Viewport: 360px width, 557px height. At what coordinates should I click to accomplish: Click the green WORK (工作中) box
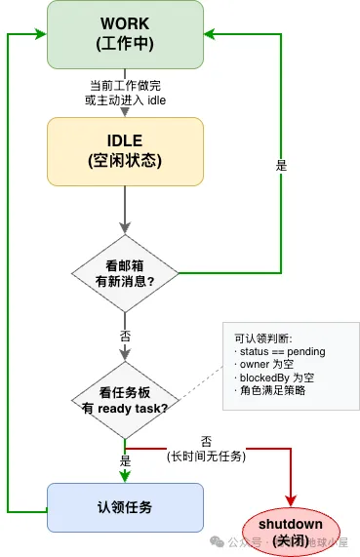click(x=125, y=34)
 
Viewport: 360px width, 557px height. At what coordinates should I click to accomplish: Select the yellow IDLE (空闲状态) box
click(x=125, y=150)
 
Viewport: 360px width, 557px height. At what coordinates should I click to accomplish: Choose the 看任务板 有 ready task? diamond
click(x=125, y=399)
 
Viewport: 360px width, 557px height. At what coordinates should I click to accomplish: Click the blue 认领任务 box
click(x=125, y=508)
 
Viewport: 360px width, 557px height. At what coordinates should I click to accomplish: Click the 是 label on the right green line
click(x=282, y=166)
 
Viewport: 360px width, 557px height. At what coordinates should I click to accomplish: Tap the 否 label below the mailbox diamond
click(x=125, y=332)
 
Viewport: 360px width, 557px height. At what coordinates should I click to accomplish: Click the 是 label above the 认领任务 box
click(x=125, y=459)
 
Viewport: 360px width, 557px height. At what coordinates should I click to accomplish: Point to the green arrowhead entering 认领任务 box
click(x=125, y=478)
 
